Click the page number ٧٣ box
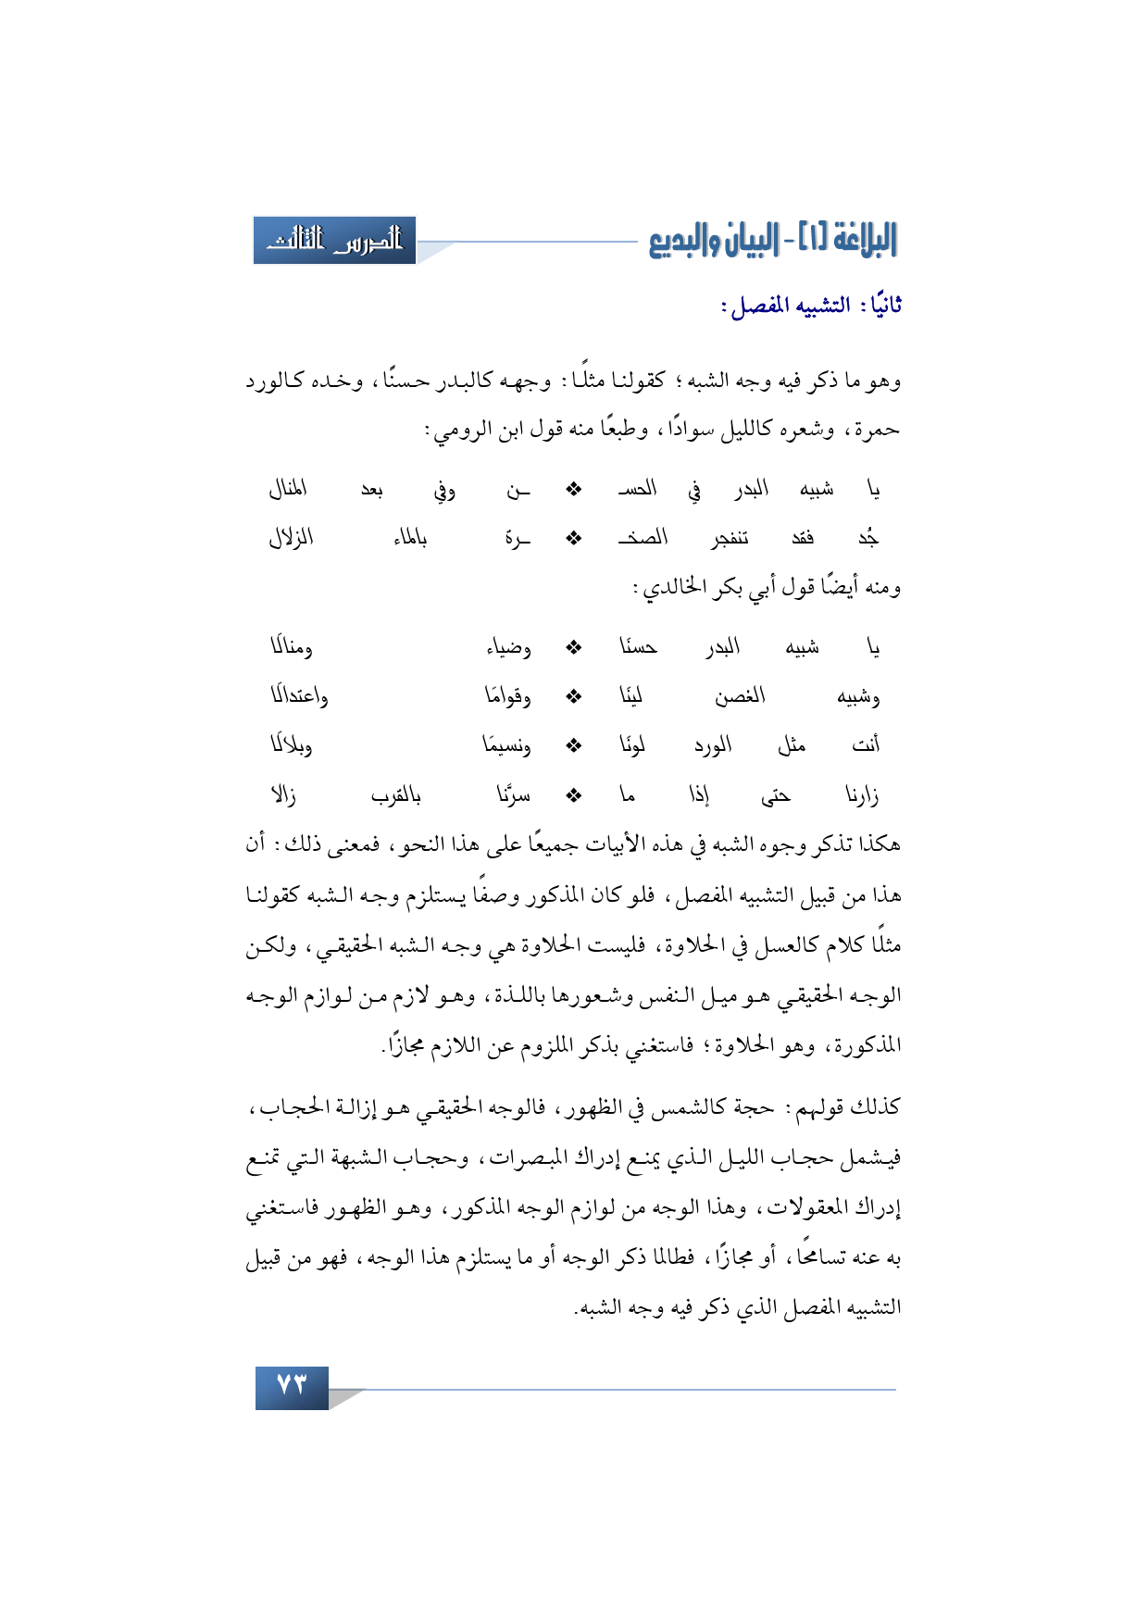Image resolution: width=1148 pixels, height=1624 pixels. pos(292,1386)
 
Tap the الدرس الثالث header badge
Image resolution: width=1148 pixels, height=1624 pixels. pos(334,241)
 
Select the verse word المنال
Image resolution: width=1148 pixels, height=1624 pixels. pos(288,488)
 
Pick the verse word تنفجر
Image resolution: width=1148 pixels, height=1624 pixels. pos(730,538)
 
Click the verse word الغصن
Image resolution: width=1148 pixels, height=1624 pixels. pos(740,695)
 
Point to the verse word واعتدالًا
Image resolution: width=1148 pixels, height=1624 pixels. pos(299,695)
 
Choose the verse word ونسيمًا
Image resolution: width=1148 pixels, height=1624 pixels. pos(506,744)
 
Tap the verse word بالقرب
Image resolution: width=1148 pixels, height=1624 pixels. pos(395,794)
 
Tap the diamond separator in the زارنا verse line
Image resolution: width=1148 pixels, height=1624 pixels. pos(574,794)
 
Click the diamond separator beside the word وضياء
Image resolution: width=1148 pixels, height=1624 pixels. pos(574,646)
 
